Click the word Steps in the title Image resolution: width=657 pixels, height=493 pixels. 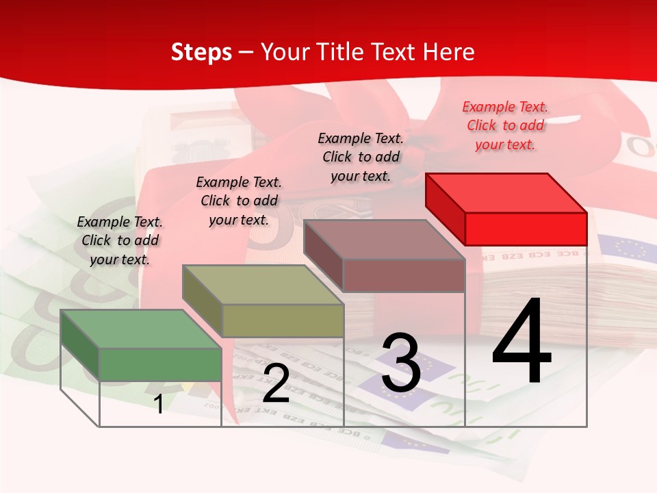coord(201,52)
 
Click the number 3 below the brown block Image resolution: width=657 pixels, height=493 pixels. coord(400,363)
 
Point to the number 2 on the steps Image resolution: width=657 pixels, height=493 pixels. coord(276,383)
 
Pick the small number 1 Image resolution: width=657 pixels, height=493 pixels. coord(159,404)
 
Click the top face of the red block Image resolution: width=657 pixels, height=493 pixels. coord(506,192)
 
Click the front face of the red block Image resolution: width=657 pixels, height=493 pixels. coord(526,229)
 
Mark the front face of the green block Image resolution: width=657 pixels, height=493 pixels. coord(160,364)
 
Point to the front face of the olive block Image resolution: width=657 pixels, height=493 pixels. coord(283,320)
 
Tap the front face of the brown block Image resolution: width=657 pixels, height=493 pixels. coord(404,275)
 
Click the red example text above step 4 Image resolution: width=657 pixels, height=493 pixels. coord(505,125)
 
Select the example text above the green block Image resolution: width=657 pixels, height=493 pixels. coord(120,240)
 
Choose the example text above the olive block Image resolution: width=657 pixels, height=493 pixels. coord(239,201)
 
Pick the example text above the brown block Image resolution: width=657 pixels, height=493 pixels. coord(361,157)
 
